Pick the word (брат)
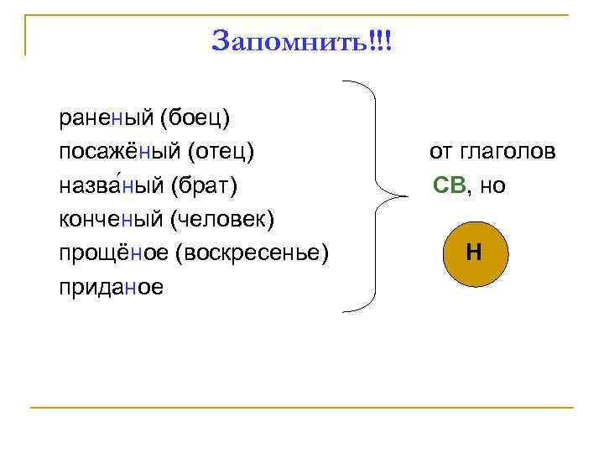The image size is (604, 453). coord(209,185)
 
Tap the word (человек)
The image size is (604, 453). coord(222,219)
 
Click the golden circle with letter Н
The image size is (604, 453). coord(473,252)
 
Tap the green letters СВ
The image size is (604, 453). coord(450,185)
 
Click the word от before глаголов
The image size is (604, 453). coord(441,152)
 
